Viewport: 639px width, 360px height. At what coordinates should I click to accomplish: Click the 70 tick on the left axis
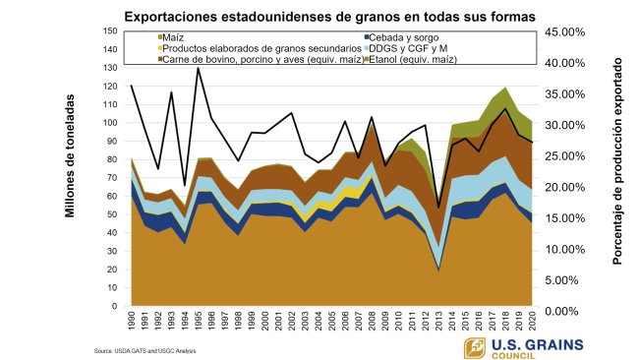point(112,178)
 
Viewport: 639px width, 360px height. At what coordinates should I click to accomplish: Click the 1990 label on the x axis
point(132,323)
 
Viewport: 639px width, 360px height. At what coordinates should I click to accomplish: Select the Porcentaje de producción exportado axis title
point(619,171)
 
